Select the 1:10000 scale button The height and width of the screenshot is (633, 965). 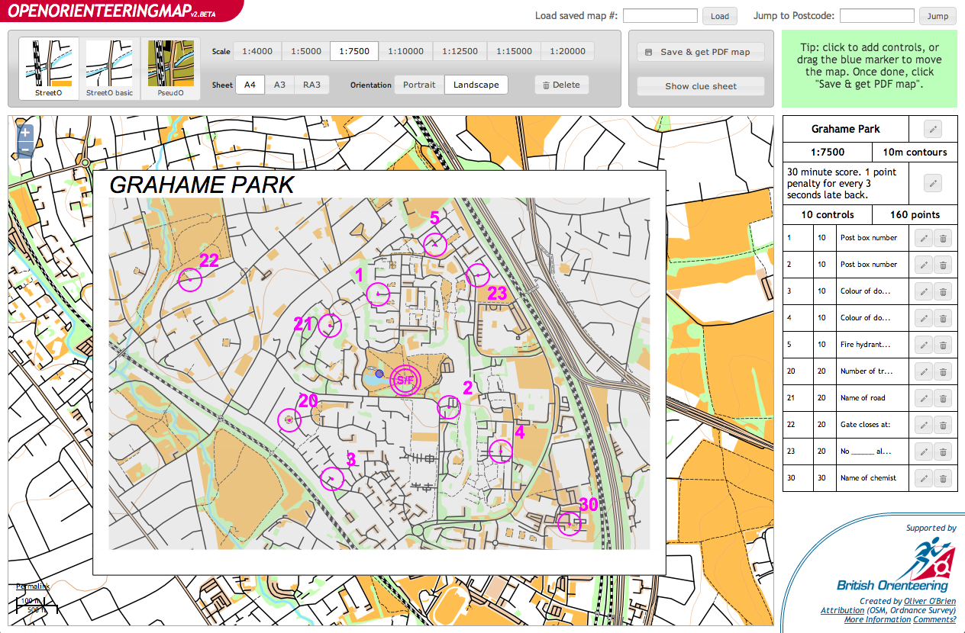click(x=405, y=52)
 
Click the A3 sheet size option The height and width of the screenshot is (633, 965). click(x=279, y=85)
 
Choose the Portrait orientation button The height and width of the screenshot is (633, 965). click(x=418, y=85)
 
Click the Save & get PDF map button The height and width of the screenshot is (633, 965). click(x=700, y=52)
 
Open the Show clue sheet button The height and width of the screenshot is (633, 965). click(x=700, y=86)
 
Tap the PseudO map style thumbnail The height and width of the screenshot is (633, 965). click(x=170, y=69)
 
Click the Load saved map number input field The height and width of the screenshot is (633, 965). click(x=660, y=16)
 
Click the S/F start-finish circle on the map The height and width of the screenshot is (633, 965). click(x=405, y=380)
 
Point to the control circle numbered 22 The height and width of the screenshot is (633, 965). click(x=189, y=280)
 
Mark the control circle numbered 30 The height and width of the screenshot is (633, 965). click(x=569, y=523)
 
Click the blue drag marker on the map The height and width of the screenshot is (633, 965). click(x=379, y=374)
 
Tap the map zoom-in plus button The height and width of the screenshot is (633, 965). click(x=25, y=133)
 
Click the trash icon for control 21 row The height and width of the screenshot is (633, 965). click(x=943, y=398)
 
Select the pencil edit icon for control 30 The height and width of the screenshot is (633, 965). click(x=923, y=478)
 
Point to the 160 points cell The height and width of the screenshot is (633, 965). click(x=914, y=215)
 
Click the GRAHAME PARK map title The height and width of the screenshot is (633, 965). click(x=202, y=185)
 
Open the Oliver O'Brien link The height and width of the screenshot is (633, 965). click(x=924, y=601)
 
